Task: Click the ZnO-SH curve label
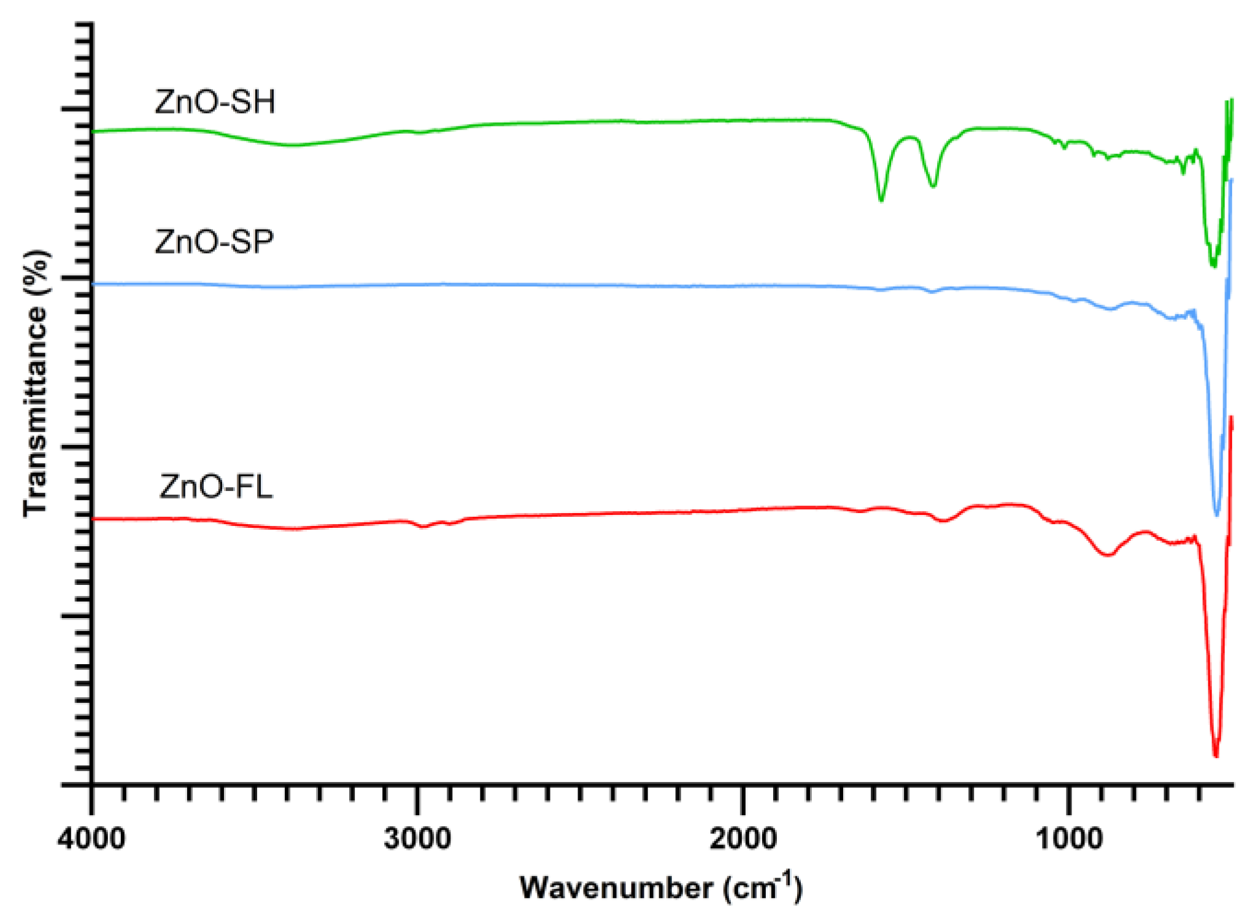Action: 215,102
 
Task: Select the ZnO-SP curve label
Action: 214,242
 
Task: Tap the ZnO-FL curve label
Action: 216,487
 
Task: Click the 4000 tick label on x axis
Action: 92,838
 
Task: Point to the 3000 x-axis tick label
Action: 417,838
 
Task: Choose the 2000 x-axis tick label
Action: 743,838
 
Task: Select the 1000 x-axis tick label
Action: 1068,838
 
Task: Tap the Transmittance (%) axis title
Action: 36,384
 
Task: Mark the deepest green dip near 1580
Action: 881,199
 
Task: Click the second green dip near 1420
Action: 933,185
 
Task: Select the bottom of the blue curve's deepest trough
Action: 1217,514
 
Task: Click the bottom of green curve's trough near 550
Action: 1213,265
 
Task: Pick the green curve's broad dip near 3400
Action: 293,145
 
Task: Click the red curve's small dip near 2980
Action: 422,527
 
